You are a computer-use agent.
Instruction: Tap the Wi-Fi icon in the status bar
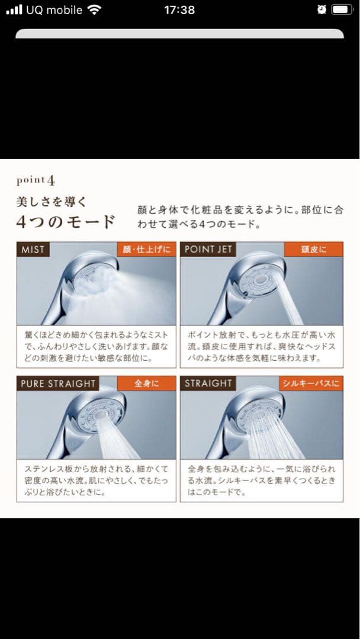click(94, 10)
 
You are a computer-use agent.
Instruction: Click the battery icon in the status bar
click(342, 10)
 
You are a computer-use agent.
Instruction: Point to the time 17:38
click(179, 10)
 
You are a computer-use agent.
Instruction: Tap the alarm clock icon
click(322, 10)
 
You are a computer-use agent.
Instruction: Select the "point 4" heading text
click(36, 179)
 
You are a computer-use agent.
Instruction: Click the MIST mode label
click(33, 250)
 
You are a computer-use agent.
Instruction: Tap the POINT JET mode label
click(208, 249)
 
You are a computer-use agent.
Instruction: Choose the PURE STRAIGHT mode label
click(58, 383)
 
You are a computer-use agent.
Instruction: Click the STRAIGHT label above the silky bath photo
click(208, 383)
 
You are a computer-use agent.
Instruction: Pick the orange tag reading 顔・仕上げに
click(146, 250)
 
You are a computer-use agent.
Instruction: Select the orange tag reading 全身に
click(146, 383)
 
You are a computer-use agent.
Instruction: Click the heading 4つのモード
click(65, 223)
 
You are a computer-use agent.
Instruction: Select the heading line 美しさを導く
click(51, 202)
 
